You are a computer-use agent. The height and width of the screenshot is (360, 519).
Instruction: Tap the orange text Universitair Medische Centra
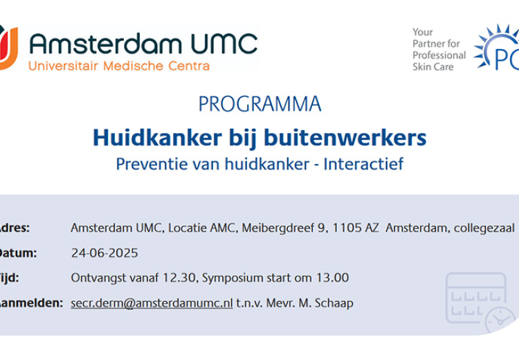(x=118, y=66)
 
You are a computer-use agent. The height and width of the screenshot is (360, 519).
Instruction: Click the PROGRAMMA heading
(x=259, y=104)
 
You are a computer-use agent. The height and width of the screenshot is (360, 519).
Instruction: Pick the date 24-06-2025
(x=104, y=253)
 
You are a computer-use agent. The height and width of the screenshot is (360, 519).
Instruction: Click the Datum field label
(x=17, y=253)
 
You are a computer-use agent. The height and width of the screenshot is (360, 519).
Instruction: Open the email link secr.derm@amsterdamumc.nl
(x=152, y=303)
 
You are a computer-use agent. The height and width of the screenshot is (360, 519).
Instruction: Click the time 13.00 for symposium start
(x=334, y=278)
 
